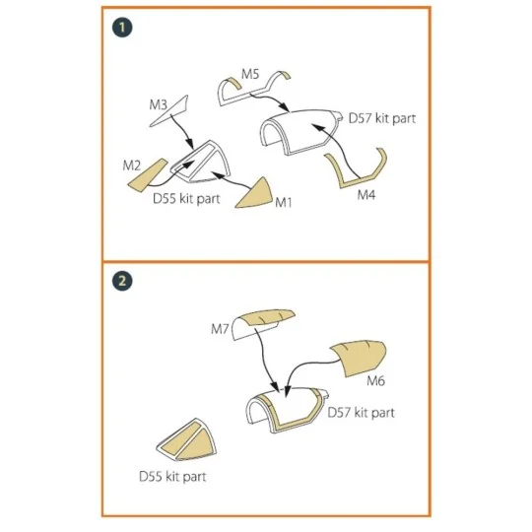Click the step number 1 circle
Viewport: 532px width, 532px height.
coord(122,28)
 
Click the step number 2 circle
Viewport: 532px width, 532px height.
coord(122,281)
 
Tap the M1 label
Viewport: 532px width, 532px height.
coord(284,203)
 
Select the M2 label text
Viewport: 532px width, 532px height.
coord(131,166)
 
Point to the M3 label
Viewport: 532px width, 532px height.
coord(158,104)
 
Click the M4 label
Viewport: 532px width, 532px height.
coord(366,195)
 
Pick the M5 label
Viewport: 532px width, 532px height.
coord(250,74)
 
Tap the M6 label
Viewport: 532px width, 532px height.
coord(376,381)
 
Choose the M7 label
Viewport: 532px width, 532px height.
coord(220,329)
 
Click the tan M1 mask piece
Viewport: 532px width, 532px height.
coord(256,195)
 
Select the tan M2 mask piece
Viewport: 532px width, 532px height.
coord(148,175)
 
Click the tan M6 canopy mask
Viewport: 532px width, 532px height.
coord(359,359)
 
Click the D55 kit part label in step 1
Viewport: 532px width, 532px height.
coord(186,198)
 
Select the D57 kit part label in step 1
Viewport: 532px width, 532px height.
coord(382,118)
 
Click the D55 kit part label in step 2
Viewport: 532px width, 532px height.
coord(172,477)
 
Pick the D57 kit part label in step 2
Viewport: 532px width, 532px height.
coord(361,413)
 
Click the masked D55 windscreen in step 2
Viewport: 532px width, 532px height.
coord(187,440)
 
